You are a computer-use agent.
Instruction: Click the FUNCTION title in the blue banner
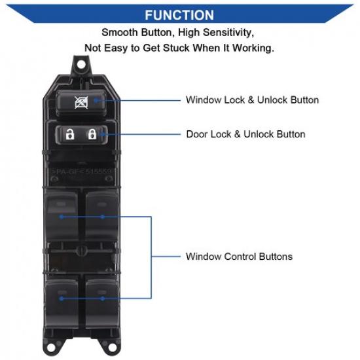coord(179,14)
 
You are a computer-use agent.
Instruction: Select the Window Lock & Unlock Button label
coord(252,100)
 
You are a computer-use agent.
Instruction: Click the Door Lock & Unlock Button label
coord(245,134)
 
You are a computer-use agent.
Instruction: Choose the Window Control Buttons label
coord(239,256)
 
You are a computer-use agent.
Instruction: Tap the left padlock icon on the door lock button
coord(70,135)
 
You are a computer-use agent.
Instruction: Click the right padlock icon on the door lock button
coord(93,135)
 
